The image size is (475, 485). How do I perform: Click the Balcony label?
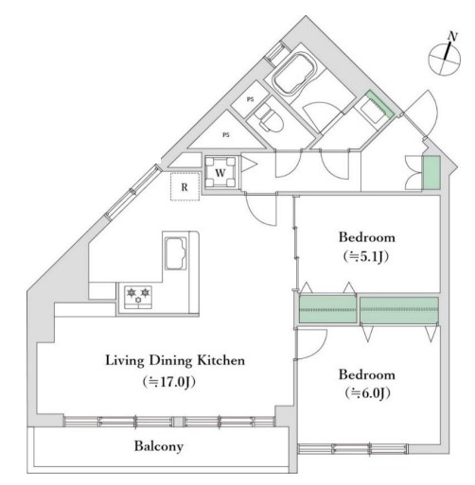point(159,446)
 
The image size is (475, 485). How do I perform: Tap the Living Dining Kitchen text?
point(175,360)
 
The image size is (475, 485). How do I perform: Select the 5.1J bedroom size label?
point(366,257)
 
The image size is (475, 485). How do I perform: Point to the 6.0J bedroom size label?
point(367,393)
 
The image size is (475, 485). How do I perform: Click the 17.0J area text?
point(169,382)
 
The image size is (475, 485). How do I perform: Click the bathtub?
point(294,74)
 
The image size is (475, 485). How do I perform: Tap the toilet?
point(269,118)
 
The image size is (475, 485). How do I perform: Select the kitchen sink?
point(175,253)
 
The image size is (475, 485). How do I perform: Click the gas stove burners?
point(138,296)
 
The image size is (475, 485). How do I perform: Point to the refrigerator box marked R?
point(185,186)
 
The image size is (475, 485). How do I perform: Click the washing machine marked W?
point(220,172)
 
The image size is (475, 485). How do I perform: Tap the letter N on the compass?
point(453,37)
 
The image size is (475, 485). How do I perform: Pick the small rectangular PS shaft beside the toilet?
point(250,98)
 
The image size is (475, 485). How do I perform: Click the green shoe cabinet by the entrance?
point(431,173)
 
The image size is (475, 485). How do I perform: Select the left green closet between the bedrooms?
point(327,309)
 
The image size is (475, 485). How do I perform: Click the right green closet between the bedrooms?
point(399,310)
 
